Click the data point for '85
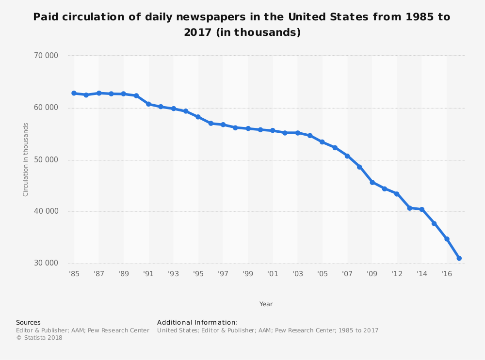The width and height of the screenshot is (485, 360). point(74,93)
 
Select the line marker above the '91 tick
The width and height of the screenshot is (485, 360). point(148,104)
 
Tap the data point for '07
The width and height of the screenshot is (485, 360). point(347,156)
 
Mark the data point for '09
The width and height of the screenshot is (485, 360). point(372,182)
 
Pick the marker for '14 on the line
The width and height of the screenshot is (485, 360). point(422,209)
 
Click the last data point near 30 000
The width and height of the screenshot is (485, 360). point(459,258)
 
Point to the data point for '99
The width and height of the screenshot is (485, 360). point(248,128)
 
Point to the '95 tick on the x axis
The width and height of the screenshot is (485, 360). point(198,274)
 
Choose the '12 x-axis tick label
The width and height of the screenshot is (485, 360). point(397,274)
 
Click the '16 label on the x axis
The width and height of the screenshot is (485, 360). point(447,274)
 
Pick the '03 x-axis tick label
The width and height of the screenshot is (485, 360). point(297,274)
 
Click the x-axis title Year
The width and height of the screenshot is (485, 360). point(266,304)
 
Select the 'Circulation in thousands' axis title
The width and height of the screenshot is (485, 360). point(26,159)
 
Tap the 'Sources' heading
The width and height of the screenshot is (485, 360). point(28,322)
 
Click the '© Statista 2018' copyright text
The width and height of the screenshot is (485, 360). point(39,338)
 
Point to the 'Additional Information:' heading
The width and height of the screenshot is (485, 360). point(197,322)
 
